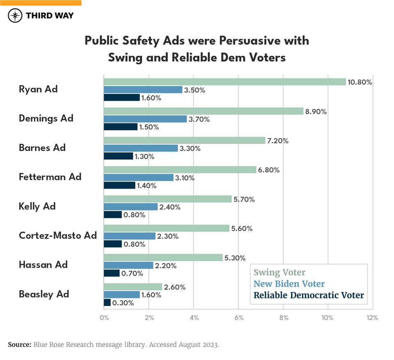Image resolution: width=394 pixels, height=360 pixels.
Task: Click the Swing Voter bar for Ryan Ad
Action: [x=225, y=82]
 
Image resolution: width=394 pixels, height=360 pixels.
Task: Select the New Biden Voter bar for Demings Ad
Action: [x=145, y=119]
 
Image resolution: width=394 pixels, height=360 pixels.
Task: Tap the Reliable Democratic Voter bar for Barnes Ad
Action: [x=119, y=156]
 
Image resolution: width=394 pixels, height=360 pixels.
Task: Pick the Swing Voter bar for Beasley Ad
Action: [x=133, y=287]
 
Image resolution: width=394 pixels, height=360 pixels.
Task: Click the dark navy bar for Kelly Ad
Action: [x=113, y=215]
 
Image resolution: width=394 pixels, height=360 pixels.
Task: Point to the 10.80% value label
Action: [x=360, y=82]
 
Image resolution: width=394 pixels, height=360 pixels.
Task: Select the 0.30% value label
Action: [x=123, y=303]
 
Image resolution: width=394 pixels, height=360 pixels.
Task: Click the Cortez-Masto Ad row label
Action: [x=58, y=235]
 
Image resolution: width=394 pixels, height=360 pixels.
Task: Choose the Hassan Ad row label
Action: [x=43, y=265]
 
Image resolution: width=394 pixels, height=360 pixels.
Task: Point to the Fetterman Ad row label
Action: [x=50, y=177]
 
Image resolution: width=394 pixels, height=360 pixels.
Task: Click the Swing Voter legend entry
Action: [x=279, y=272]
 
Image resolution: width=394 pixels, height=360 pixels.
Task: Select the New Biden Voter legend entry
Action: [x=289, y=284]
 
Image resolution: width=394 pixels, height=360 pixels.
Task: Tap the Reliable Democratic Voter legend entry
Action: [x=309, y=295]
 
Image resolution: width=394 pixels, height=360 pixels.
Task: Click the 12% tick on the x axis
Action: [x=372, y=318]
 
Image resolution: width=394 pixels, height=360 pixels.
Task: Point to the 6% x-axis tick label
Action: [x=238, y=318]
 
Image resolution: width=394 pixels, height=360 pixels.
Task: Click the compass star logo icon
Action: [x=16, y=16]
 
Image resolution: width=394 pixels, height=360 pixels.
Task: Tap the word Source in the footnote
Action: [x=19, y=345]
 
